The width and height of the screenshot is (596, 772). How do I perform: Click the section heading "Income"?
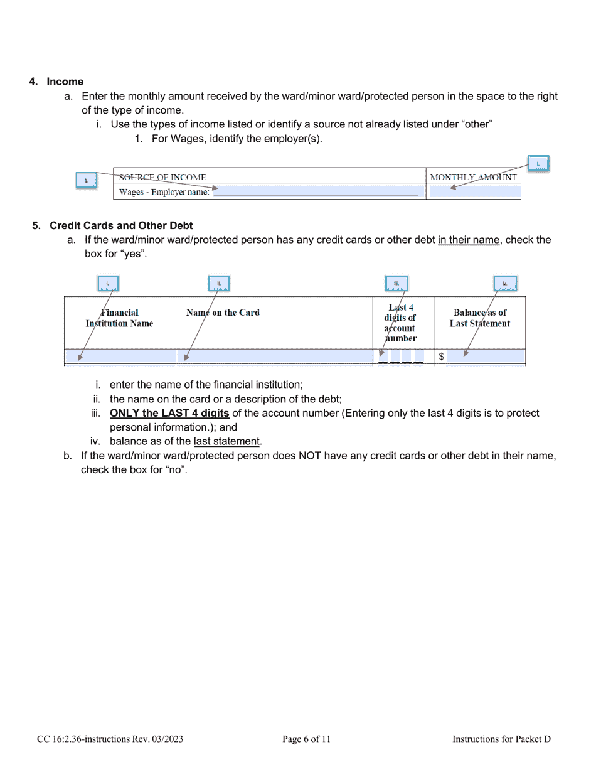[65, 82]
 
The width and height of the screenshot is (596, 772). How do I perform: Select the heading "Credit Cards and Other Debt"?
[121, 225]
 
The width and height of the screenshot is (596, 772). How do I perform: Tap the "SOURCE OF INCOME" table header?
[162, 178]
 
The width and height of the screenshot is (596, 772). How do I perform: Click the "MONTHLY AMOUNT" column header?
[473, 178]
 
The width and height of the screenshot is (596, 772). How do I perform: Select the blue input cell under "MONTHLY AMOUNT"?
[474, 192]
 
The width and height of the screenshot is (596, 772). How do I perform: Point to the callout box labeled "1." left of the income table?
[87, 181]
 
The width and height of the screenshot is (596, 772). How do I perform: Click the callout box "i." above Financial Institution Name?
[108, 284]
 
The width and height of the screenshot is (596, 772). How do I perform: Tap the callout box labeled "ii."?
[219, 284]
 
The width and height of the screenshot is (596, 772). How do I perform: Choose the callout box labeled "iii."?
[396, 284]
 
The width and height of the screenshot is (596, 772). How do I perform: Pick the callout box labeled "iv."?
[504, 284]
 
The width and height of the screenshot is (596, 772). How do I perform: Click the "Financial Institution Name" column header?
[119, 318]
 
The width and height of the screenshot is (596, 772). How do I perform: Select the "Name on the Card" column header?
[223, 313]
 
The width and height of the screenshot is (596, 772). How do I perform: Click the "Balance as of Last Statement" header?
[479, 318]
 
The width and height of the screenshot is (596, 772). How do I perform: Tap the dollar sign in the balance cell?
[442, 357]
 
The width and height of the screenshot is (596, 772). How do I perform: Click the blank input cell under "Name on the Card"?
[274, 357]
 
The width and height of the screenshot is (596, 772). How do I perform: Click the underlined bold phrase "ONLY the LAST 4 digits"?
[169, 414]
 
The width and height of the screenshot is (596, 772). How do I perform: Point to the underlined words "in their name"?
[469, 240]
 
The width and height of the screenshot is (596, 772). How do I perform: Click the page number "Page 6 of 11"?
[306, 739]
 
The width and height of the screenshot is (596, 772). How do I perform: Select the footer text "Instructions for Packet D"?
[501, 739]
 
